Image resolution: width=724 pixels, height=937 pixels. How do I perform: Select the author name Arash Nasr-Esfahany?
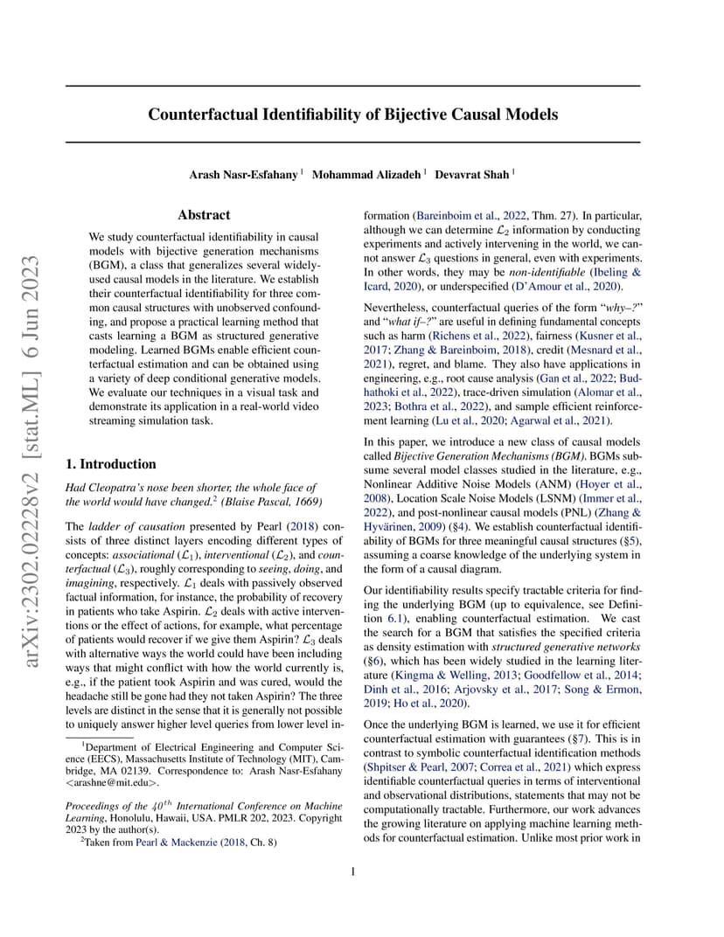(243, 175)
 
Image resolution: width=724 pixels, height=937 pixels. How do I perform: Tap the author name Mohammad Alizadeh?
(367, 175)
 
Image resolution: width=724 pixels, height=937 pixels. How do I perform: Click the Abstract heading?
(204, 215)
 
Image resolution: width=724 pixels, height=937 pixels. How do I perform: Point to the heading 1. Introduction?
(111, 464)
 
